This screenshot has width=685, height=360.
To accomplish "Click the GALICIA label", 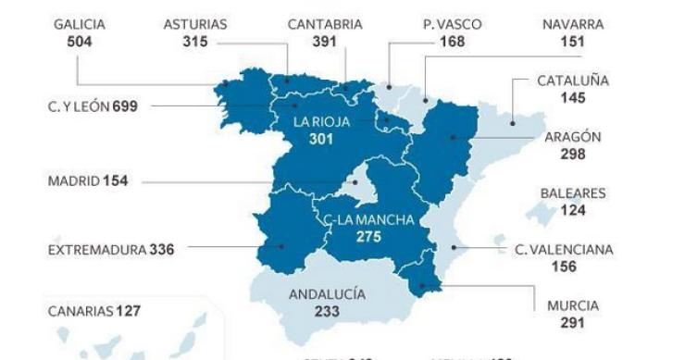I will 80,25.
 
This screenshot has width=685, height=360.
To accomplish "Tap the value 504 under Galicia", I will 80,42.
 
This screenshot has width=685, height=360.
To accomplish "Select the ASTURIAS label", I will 195,25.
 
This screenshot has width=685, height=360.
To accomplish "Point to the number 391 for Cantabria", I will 325,42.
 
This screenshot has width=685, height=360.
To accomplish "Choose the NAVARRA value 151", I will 572,42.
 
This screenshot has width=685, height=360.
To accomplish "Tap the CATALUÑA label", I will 573,81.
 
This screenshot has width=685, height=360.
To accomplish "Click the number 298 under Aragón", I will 573,154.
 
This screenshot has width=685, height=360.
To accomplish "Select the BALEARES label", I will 573,193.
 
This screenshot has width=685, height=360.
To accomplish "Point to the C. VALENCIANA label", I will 564,249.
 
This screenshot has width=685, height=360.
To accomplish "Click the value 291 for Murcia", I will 572,323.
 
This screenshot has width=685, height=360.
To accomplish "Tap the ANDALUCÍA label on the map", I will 327,294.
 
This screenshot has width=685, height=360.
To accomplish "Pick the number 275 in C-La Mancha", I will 368,237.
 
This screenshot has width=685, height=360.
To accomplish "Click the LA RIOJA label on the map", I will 320,121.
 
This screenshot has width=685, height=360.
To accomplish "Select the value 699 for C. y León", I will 125,106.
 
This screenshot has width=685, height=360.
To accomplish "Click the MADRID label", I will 73,181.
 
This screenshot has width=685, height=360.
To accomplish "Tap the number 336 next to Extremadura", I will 162,248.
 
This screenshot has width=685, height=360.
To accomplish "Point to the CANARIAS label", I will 81,311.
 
